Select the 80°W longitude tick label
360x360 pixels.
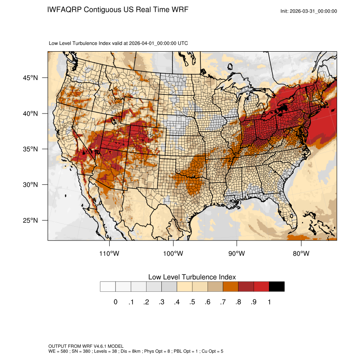pyautogui.click(x=301, y=254)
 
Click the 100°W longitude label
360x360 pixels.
pyautogui.click(x=173, y=254)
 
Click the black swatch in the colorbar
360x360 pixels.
pyautogui.click(x=277, y=287)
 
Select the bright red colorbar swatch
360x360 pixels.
pyautogui.click(x=261, y=287)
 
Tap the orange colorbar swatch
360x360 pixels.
pyautogui.click(x=231, y=287)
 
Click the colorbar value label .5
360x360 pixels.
pyautogui.click(x=192, y=302)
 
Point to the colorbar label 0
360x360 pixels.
pyautogui.click(x=115, y=302)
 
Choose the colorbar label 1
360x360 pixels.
pyautogui.click(x=269, y=302)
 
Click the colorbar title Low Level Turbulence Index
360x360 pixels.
pyautogui.click(x=192, y=277)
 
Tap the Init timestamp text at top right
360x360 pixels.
pyautogui.click(x=309, y=11)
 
